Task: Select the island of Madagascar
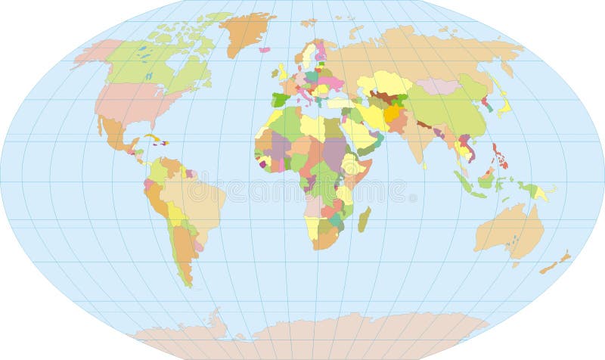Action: (364, 219)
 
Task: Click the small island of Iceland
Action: (264, 50)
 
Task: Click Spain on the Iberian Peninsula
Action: (281, 99)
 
